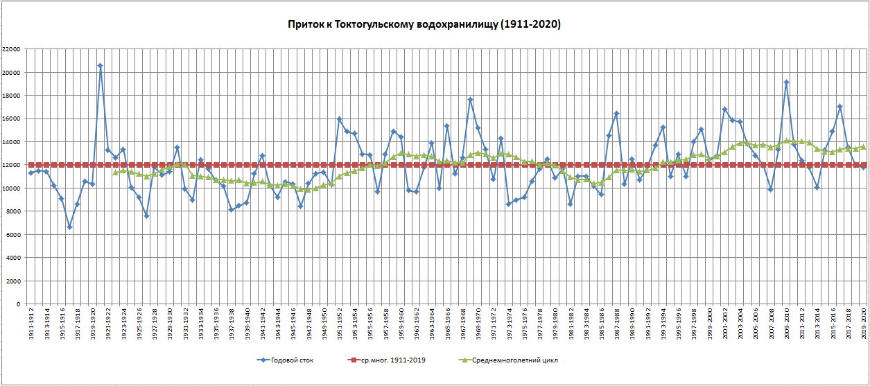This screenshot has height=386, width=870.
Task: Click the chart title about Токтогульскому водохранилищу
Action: point(424,24)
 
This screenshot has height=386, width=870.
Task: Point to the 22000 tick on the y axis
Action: point(10,49)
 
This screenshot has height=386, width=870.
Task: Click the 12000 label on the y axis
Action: point(10,165)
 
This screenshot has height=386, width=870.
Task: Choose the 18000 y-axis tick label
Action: point(10,96)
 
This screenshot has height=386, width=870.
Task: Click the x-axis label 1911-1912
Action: point(31,326)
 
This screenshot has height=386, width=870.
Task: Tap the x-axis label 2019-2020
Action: point(863,326)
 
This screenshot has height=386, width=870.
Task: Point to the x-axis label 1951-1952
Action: point(339,326)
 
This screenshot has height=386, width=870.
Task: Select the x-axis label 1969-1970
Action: point(478,326)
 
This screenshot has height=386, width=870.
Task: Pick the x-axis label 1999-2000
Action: point(709,326)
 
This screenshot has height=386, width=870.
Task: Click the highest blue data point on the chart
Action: point(101,66)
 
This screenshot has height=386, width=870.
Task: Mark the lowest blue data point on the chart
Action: point(69,227)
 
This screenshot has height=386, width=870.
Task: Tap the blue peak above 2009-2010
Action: point(786,82)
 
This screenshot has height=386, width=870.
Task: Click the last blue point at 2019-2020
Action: point(863,167)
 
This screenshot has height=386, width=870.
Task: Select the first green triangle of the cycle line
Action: point(116,172)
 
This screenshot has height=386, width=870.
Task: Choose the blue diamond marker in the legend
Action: point(262,360)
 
